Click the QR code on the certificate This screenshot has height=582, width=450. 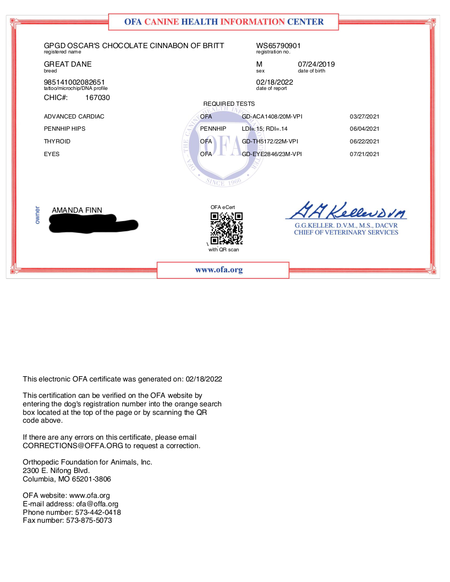[x=227, y=228]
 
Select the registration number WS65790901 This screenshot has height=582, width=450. [x=278, y=46]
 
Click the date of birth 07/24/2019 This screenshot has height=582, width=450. [x=317, y=64]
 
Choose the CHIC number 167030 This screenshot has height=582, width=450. [x=97, y=97]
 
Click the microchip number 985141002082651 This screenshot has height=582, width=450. [x=74, y=82]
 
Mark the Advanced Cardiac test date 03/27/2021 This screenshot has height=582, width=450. [x=365, y=116]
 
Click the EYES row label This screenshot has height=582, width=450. [x=52, y=154]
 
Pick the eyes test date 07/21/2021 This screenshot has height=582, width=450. [x=365, y=154]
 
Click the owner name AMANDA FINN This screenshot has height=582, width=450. [x=77, y=210]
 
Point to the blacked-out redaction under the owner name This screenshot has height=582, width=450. [x=93, y=225]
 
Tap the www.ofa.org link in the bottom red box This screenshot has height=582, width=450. [x=219, y=270]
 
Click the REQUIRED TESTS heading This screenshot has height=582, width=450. [x=229, y=104]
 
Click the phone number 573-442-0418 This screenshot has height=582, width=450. [x=95, y=512]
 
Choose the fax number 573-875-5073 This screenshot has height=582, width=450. [x=89, y=520]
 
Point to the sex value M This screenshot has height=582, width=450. [x=259, y=64]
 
